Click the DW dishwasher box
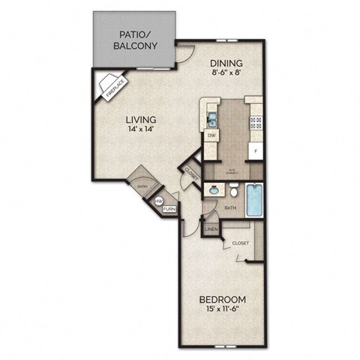click(x=211, y=136)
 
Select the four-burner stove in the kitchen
click(x=256, y=119)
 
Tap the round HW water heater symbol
click(x=158, y=202)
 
